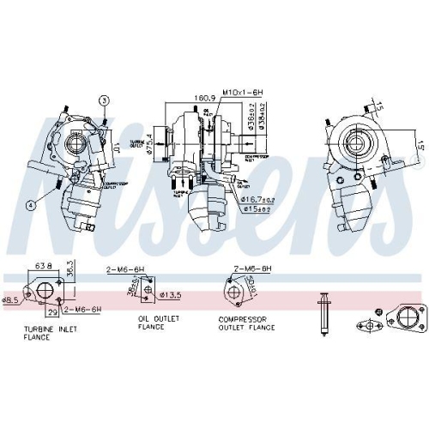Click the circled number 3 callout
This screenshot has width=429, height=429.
click(x=104, y=100)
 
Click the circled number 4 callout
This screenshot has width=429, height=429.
click(x=29, y=205)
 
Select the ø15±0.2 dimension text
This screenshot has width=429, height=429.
click(x=255, y=208)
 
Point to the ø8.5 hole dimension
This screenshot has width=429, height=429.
click(x=9, y=300)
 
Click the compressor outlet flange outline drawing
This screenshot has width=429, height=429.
click(x=234, y=294)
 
